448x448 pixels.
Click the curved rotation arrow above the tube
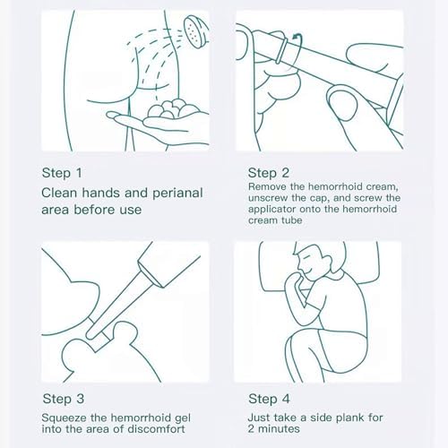pos(297,47)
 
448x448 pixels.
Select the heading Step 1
pos(62,173)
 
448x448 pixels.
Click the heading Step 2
pos(269,173)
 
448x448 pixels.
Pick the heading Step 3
pos(64,399)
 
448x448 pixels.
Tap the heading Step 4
pos(269,399)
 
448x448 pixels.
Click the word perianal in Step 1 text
pos(177,194)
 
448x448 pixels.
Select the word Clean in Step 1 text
pos(59,193)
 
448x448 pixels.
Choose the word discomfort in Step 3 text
pos(157,429)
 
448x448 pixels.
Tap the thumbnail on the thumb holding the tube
pos(343,102)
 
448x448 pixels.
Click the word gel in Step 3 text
pos(182,418)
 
